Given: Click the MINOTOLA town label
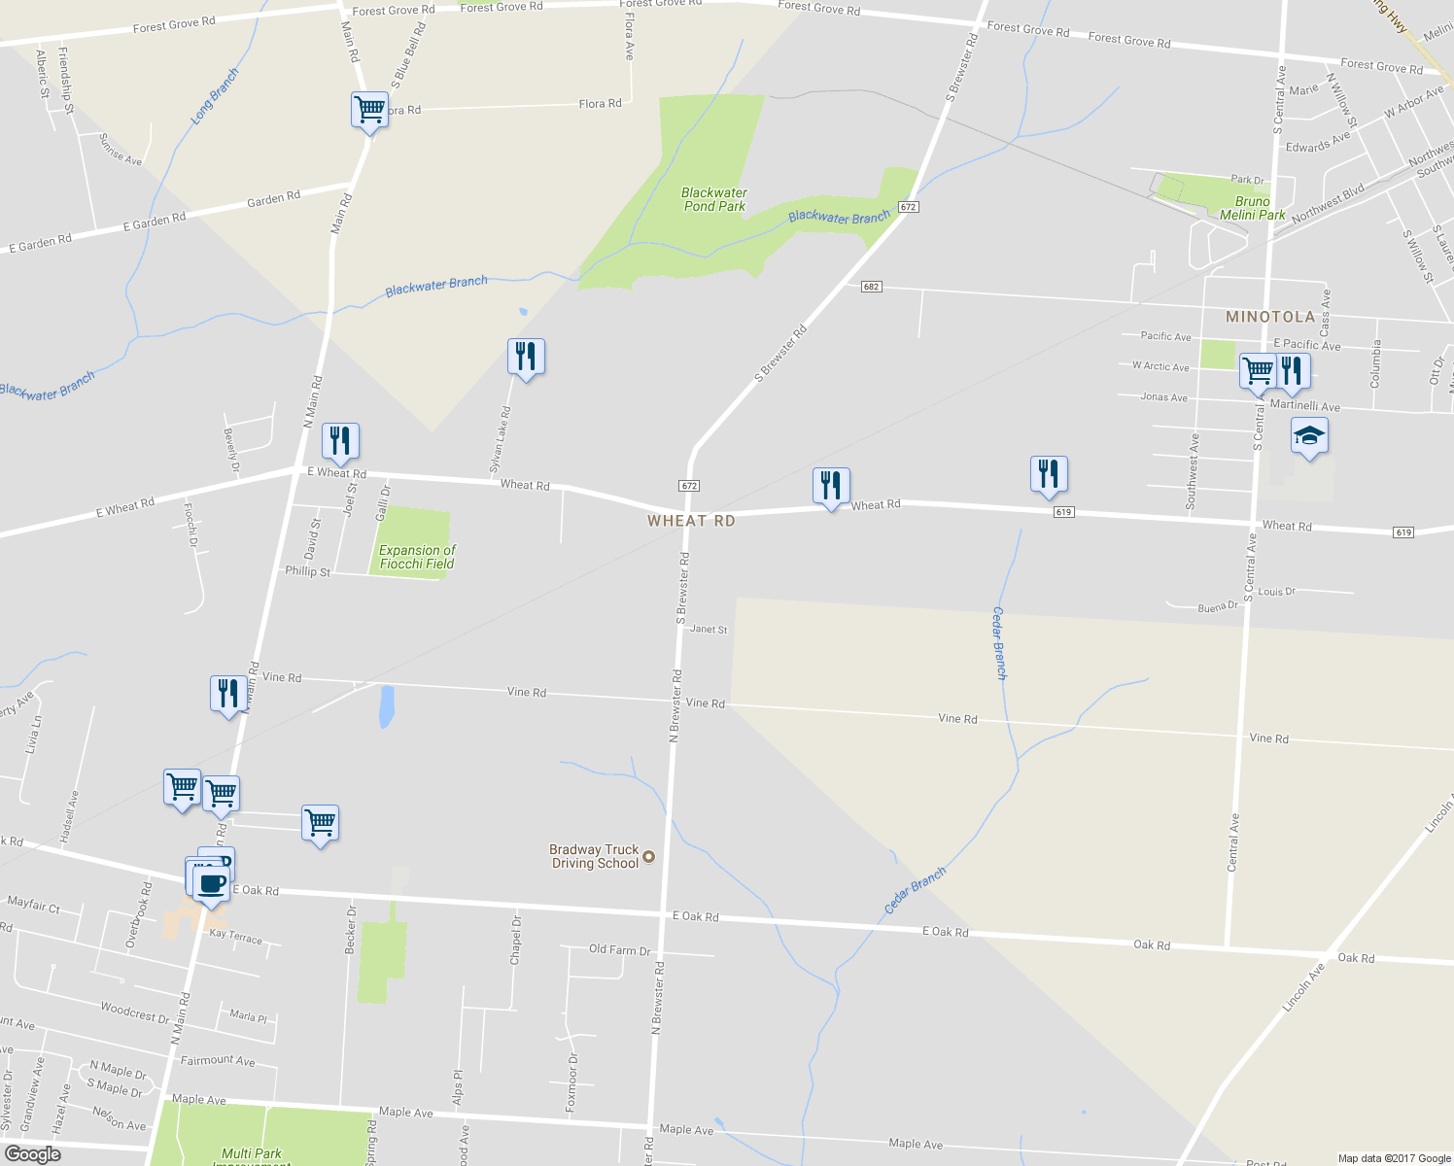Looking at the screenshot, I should point(1269,317).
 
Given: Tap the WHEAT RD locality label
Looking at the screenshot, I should point(691,521).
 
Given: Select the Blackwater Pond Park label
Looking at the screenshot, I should point(714,199).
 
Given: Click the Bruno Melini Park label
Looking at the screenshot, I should point(1252,208).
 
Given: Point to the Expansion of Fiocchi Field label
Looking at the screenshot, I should point(417,557).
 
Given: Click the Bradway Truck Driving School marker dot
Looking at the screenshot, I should point(649,856).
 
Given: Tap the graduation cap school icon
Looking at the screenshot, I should point(1309,436).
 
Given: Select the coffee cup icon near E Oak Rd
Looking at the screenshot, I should point(211,883).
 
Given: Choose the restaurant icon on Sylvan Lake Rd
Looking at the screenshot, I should point(526,357).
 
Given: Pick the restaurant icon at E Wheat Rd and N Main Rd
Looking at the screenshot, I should point(340,441).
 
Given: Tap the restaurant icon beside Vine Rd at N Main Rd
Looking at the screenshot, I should point(228,694).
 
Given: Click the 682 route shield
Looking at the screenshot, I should point(871,287).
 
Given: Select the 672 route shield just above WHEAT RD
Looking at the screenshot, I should point(689,485).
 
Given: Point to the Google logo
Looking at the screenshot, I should point(33,1153).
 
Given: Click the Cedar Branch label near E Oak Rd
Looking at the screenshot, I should point(915,890).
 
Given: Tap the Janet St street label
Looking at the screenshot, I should point(709,630).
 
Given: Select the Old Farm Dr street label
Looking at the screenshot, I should point(619,949).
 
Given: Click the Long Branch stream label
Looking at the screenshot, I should point(215,96).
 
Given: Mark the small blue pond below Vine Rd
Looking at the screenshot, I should point(386,706).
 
